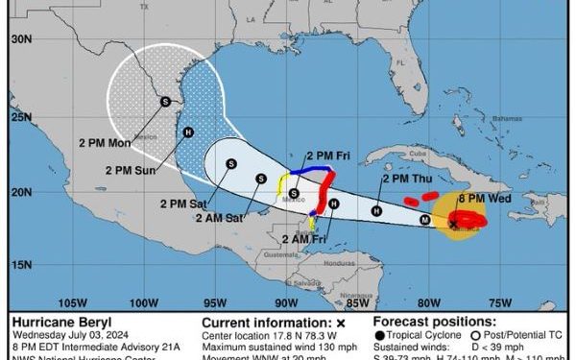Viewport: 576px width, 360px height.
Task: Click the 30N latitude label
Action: pos(21,39)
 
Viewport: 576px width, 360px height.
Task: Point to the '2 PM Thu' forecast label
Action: pos(407,179)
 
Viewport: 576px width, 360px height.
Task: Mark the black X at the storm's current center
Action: pos(453,225)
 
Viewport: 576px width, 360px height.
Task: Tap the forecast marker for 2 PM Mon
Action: pos(165,101)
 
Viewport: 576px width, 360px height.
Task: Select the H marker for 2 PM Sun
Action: pos(188,132)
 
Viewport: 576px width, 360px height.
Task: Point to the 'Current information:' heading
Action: pos(262,322)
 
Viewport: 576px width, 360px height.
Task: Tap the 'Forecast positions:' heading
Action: pos(434,322)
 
